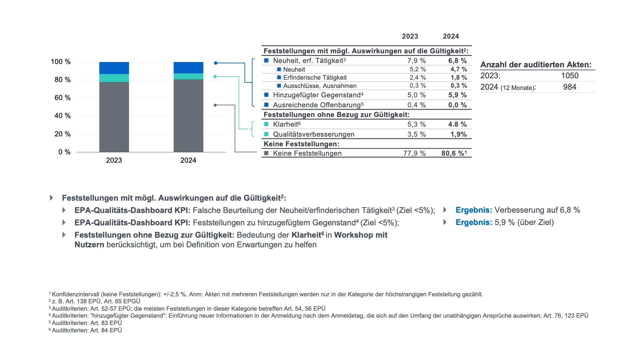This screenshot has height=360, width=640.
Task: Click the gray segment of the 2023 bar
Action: coord(114,117)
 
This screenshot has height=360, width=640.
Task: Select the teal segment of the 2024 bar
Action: coord(188,76)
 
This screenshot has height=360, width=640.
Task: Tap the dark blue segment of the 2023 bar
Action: coord(114,68)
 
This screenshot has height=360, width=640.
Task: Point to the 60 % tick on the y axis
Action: coord(62,98)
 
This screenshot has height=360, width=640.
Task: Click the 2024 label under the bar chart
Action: coord(188,160)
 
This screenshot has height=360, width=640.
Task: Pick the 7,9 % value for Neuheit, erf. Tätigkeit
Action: coord(417,61)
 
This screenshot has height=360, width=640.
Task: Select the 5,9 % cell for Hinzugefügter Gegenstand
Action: coord(458,95)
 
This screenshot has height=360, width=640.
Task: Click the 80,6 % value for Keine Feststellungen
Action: coord(453,153)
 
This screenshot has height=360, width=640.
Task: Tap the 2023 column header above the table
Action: coord(410,36)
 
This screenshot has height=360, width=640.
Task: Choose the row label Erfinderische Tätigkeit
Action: coord(315,78)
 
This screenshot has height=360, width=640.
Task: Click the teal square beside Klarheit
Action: coord(266,124)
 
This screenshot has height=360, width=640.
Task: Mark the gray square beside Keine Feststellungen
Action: coord(266,153)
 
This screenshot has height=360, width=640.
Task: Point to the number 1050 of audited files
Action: coord(570,76)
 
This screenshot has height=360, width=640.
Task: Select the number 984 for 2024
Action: coord(570,87)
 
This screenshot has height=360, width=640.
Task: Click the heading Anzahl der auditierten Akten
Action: coord(536,65)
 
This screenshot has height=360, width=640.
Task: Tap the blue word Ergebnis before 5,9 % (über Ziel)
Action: coord(474,222)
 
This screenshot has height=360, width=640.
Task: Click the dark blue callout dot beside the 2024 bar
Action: coord(216,63)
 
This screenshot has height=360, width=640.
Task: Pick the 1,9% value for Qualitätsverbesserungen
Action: coord(459,134)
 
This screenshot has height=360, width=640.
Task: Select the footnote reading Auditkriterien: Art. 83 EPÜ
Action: coord(87,323)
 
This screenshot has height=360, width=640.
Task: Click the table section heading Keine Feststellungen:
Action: coord(301,144)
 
